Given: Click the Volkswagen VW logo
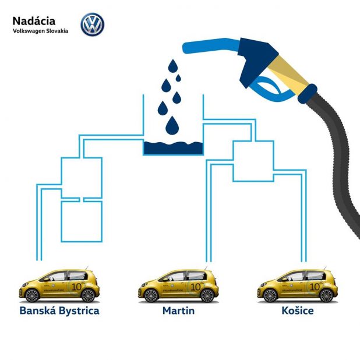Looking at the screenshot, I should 91,24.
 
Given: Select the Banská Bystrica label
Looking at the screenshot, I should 59,310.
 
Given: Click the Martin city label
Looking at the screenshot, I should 178,310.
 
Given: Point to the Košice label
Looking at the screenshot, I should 297,310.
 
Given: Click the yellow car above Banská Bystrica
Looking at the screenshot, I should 59,285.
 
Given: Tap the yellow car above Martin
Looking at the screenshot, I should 178,285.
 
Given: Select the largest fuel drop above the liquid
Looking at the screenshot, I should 172,125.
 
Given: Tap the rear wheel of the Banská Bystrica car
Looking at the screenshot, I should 88,295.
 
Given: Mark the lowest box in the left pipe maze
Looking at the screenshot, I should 82,221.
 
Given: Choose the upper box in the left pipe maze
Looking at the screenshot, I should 82,177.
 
